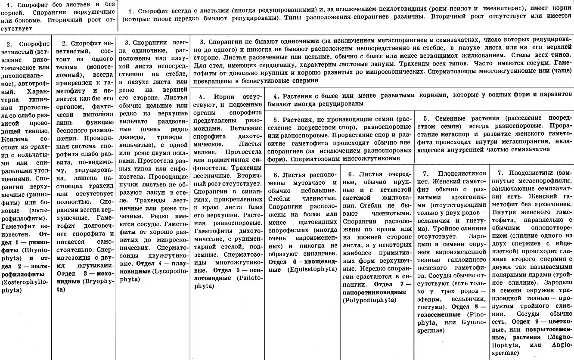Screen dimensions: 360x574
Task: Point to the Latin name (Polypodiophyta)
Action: tap(369, 300)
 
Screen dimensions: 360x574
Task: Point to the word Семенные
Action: tap(452, 118)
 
